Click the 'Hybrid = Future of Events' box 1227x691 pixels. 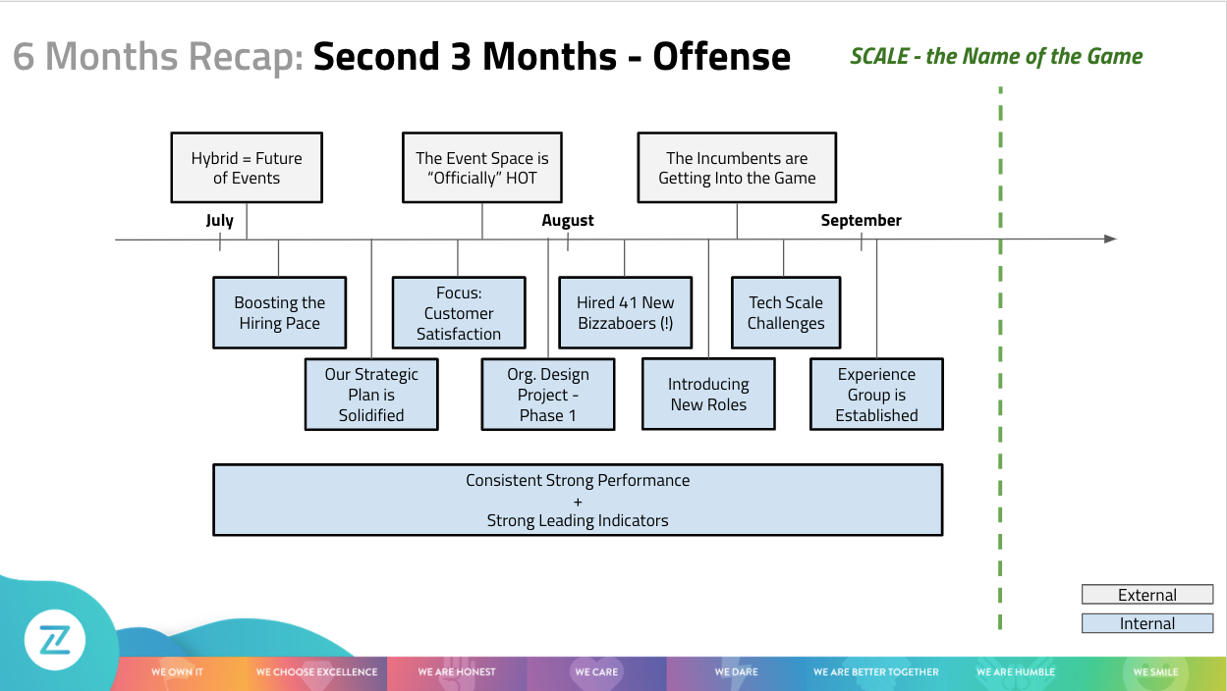coord(247,168)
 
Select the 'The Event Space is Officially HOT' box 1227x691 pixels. coord(482,168)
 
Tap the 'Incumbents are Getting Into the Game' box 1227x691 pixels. coord(737,168)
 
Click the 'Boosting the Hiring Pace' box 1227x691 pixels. coord(280,313)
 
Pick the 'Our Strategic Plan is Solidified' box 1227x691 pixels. coord(371,395)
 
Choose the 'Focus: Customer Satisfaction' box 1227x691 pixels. coord(459,313)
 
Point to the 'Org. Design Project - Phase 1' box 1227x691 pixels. coord(548,395)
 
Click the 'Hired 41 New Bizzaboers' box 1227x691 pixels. coord(626,313)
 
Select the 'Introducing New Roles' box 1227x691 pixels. coord(708,395)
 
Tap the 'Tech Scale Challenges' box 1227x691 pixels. coord(786,313)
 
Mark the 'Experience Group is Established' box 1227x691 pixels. coord(876,395)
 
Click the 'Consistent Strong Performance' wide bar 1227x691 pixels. coord(578,501)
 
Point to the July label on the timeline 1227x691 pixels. coord(220,221)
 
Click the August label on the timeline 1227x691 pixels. coord(568,221)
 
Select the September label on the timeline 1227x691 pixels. coord(861,221)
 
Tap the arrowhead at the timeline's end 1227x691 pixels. coord(1110,239)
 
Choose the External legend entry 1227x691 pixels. coord(1147,595)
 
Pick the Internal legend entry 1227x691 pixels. coord(1147,623)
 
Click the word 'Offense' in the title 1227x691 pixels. coord(722,57)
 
